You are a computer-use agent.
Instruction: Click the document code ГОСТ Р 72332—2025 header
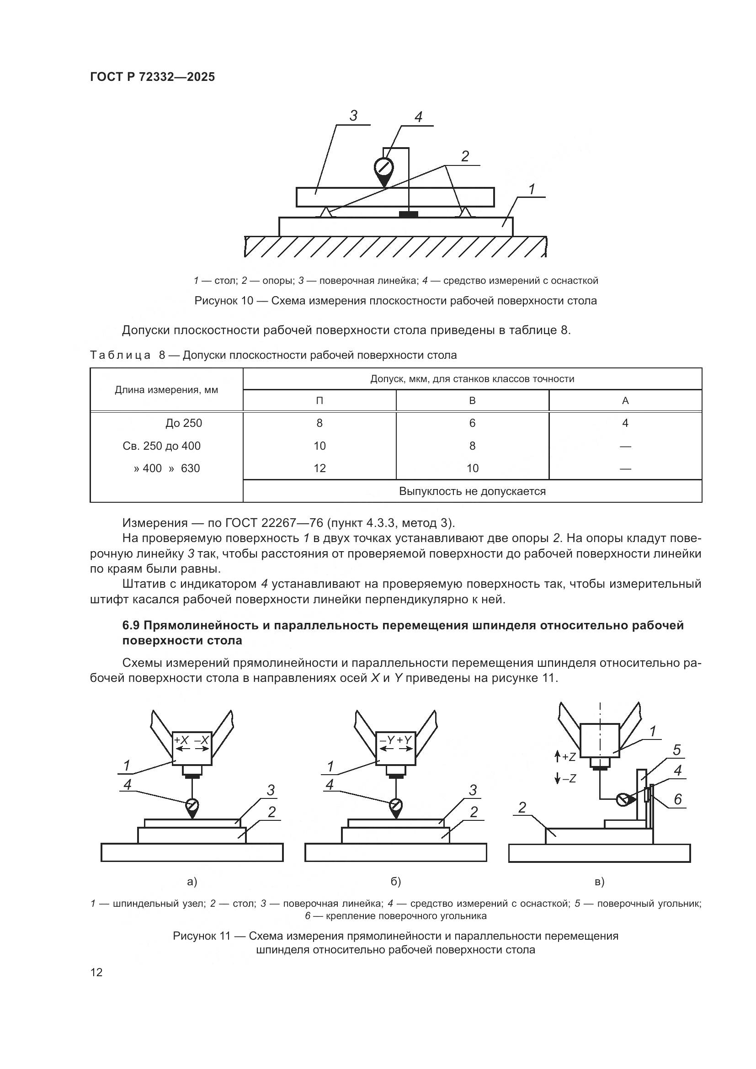coord(152,77)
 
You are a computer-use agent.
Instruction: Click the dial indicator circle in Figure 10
coord(383,167)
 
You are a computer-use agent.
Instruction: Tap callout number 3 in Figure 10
coord(353,116)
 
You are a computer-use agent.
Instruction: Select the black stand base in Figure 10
coord(408,215)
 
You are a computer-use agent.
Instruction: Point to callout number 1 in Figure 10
coord(532,189)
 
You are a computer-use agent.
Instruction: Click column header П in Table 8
coord(319,400)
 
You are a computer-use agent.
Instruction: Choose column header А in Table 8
coord(625,400)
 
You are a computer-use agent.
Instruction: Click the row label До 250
coord(183,423)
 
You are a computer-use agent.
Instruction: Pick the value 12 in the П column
coord(319,468)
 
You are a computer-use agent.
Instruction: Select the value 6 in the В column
coord(472,423)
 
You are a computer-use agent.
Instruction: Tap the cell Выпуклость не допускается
coord(472,491)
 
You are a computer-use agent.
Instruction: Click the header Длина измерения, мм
coord(166,390)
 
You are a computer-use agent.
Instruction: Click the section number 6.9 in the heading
coord(132,625)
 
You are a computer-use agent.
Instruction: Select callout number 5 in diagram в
coord(677,750)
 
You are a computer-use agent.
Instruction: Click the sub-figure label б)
coord(396,881)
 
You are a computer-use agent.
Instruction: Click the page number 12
coord(96,973)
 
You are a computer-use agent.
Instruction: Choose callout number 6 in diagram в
coord(678,799)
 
